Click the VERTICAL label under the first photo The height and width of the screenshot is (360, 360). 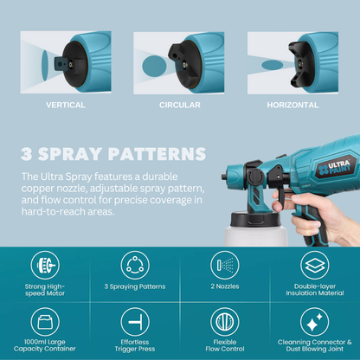coord(65,105)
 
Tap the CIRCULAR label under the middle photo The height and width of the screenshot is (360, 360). coord(179,105)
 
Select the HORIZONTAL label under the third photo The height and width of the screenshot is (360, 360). coord(293,105)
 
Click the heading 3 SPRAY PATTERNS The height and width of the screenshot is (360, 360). coord(113,155)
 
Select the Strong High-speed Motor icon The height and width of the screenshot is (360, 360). coord(44,264)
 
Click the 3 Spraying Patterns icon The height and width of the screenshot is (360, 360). coord(134,264)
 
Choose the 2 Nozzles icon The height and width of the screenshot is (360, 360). coord(224,264)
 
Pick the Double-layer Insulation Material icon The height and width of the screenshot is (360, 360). coord(314,264)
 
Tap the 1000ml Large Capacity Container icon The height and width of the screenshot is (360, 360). coord(44,322)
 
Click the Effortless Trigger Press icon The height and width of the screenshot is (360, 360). coord(134,322)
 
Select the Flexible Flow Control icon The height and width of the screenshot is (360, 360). coord(224,322)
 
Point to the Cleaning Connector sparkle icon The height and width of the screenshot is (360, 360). coord(314,322)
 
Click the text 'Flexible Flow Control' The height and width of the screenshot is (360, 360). coord(224,346)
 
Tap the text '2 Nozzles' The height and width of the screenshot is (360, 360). coord(224,285)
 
